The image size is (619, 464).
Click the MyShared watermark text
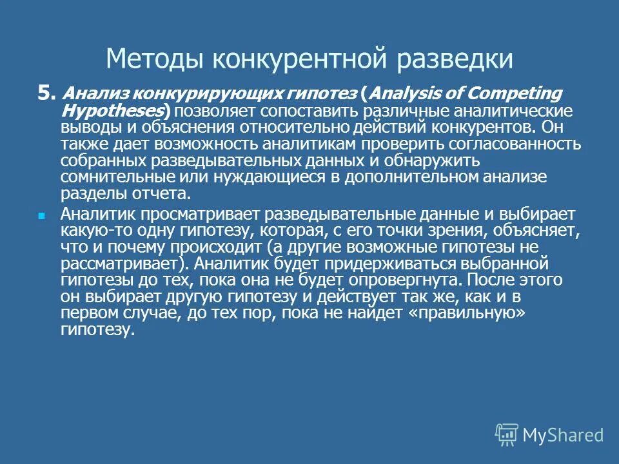click(562, 435)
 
